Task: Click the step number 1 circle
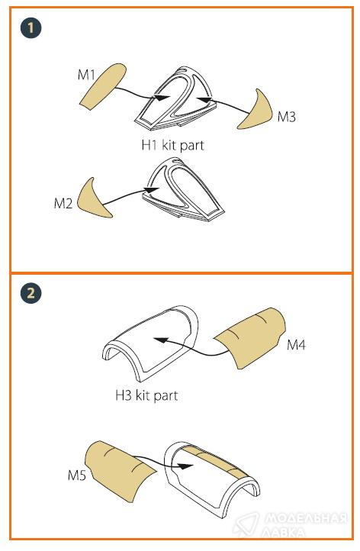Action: tap(31, 28)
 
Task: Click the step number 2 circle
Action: tap(31, 293)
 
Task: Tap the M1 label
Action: tap(86, 75)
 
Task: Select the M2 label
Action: tap(63, 203)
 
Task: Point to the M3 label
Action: tap(287, 117)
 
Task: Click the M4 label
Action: tap(297, 345)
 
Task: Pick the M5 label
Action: tap(77, 475)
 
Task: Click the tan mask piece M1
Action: tap(102, 86)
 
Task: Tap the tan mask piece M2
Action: tap(93, 200)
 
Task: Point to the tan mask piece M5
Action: tap(120, 469)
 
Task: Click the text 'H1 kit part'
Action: tap(172, 146)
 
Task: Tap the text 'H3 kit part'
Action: tap(146, 395)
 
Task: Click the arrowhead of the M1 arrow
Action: tap(162, 98)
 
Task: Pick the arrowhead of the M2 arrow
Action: tap(152, 190)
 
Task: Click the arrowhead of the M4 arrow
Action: tap(160, 340)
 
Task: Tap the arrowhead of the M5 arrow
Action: tap(185, 466)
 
